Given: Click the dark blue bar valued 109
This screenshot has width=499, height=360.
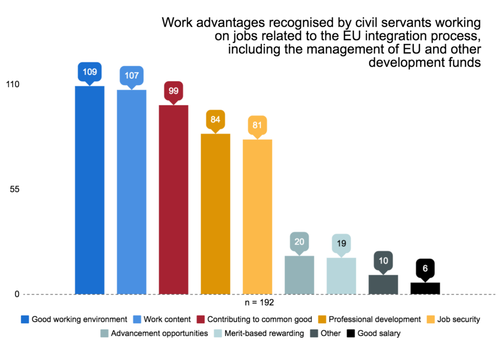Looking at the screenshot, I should point(90,190).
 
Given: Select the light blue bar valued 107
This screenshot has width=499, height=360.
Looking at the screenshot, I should point(132,192).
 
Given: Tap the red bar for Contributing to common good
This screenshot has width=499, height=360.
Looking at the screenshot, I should point(173,199).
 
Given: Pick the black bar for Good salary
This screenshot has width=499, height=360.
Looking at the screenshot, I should point(425,288).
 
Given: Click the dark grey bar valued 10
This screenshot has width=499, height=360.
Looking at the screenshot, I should point(383,284).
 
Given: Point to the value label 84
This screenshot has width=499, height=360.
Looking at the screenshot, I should point(215,119).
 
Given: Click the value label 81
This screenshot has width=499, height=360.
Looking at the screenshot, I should point(257,125).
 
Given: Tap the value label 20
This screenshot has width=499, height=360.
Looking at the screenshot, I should point(299,241).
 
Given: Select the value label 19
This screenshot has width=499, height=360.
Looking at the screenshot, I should point(341,243).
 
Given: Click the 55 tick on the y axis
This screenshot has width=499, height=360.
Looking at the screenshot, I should point(15,189).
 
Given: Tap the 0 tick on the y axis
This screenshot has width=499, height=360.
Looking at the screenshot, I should point(17,294).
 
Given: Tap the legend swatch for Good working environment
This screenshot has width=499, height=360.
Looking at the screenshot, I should point(25,320).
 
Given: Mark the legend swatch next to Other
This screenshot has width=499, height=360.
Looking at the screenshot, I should point(315,334).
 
